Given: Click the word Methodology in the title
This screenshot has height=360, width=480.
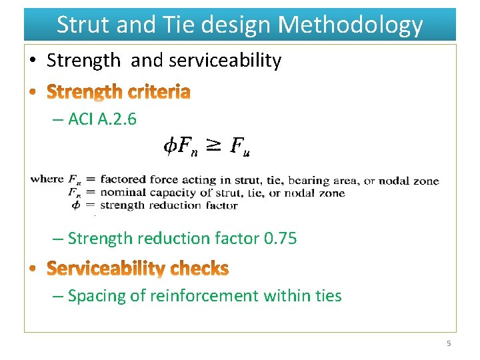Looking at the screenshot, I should tap(350, 25).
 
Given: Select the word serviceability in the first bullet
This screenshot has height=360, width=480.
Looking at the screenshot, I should tap(225, 61).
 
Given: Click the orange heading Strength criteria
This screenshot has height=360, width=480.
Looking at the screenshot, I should tap(119, 91).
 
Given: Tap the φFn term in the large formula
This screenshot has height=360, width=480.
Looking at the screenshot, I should tap(181, 146).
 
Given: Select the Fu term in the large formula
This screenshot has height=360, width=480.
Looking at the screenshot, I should tap(239, 146).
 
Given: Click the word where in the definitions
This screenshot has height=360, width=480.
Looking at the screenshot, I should tap(47, 179).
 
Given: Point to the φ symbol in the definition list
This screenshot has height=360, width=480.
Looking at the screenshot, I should tap(75, 205).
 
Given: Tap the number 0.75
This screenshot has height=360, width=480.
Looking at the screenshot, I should tap(280, 238).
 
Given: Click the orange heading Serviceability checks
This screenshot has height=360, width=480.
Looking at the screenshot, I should tap(137, 269).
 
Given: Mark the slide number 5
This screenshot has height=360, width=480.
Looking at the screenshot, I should tap(449, 343).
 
